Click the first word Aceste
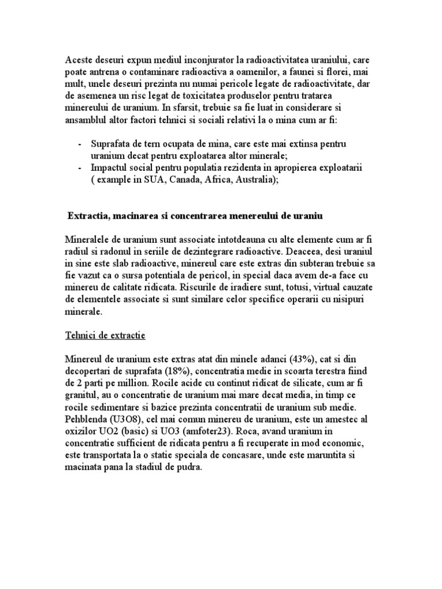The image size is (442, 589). click(79, 59)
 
